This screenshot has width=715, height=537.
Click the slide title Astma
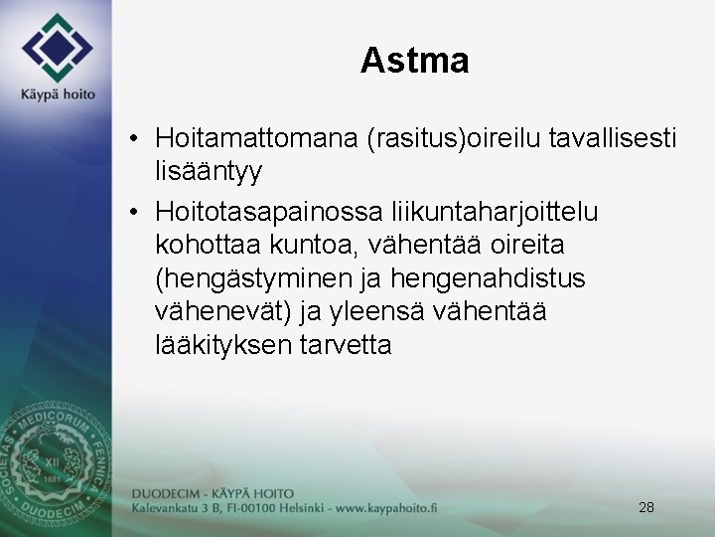414,61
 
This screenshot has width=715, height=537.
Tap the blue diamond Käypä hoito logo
59,48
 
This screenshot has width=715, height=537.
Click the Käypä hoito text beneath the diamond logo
58,94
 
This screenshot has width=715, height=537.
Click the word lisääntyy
209,171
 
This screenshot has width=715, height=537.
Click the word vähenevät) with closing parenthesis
222,311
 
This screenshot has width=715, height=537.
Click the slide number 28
645,507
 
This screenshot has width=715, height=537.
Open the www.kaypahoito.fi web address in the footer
374,508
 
